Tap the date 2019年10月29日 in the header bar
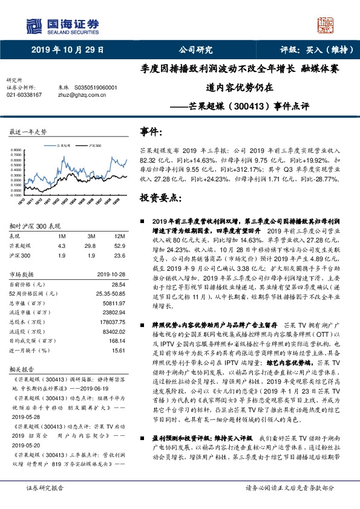pyautogui.click(x=64, y=50)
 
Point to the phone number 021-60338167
pyautogui.click(x=24, y=95)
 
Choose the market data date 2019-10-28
pyautogui.click(x=111, y=274)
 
